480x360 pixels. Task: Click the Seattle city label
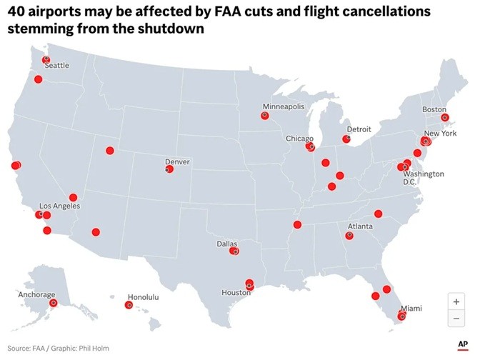[x=57, y=66]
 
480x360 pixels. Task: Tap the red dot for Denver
[x=170, y=169]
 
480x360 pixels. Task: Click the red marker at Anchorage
[x=53, y=303]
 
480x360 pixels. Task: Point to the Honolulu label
[x=143, y=296]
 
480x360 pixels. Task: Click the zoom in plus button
[x=456, y=301]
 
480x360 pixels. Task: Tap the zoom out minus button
[x=456, y=318]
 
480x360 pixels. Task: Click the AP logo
[x=462, y=344]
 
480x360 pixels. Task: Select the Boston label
[x=434, y=109]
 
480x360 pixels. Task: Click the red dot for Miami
[x=401, y=316]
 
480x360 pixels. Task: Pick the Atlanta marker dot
[x=350, y=235]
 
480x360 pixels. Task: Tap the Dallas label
[x=226, y=244]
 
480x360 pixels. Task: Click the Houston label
[x=236, y=293]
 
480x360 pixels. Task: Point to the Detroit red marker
[x=347, y=139]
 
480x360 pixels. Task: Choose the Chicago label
[x=299, y=139]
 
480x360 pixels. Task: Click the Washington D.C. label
[x=424, y=178]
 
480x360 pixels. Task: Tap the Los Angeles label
[x=59, y=206]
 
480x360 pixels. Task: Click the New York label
[x=440, y=134]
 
